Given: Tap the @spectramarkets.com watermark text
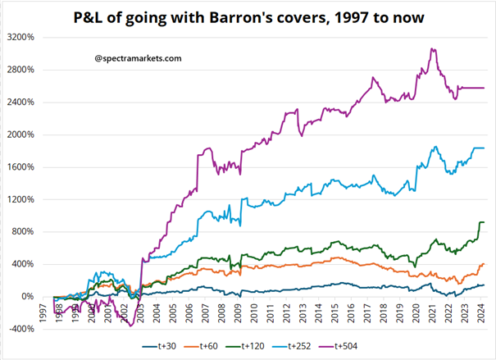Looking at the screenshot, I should tap(138, 58).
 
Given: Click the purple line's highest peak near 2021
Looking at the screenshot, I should tap(432, 48).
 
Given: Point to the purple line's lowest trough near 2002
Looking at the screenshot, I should tap(130, 326).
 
